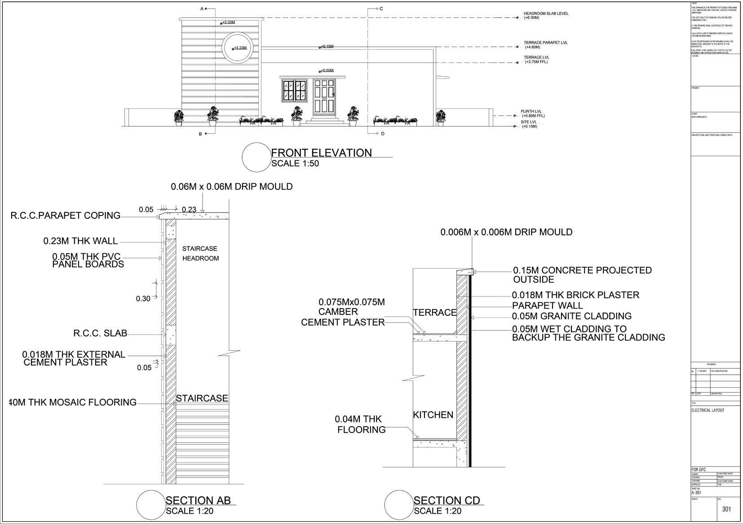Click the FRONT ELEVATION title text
click(x=321, y=153)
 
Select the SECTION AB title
click(x=198, y=500)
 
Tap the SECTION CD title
click(x=447, y=500)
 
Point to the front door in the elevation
click(x=324, y=97)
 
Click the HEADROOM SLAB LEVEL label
click(x=546, y=13)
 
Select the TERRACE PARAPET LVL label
click(x=545, y=43)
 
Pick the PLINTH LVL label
click(x=531, y=111)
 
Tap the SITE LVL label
click(x=528, y=122)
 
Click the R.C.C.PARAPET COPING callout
click(x=66, y=216)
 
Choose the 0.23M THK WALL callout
click(x=80, y=241)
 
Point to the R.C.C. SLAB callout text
click(x=100, y=334)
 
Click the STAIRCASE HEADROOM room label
click(x=200, y=253)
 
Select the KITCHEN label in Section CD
click(x=433, y=415)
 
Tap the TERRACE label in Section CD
click(x=434, y=313)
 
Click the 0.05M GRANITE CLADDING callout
click(x=572, y=316)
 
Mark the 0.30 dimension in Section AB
click(x=143, y=299)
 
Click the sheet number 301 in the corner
click(x=726, y=509)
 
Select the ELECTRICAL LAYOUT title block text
click(x=708, y=410)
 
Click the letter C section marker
click(x=381, y=9)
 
